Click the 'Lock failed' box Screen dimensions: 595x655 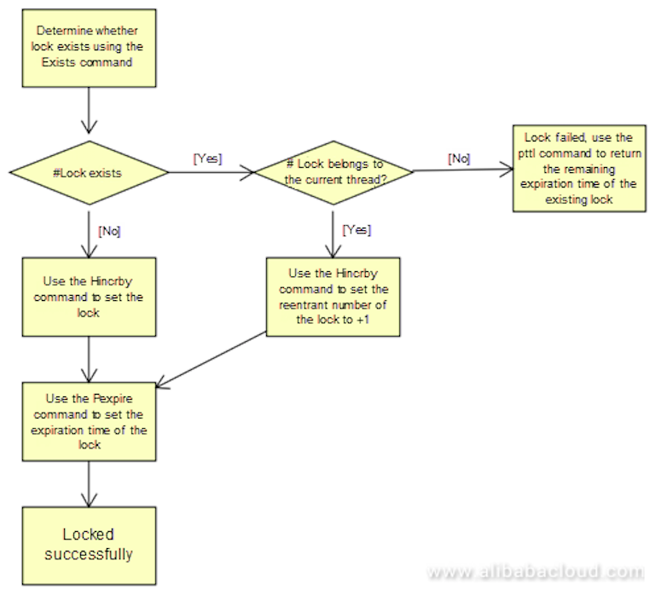578,169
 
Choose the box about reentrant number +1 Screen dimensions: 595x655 334,297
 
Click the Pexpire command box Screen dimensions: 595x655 89,421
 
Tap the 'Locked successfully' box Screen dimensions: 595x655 89,545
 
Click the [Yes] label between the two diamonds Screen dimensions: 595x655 208,158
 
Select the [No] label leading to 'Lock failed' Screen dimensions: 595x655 458,158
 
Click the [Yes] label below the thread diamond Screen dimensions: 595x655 356,230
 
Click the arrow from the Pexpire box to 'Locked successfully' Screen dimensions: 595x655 89,484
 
